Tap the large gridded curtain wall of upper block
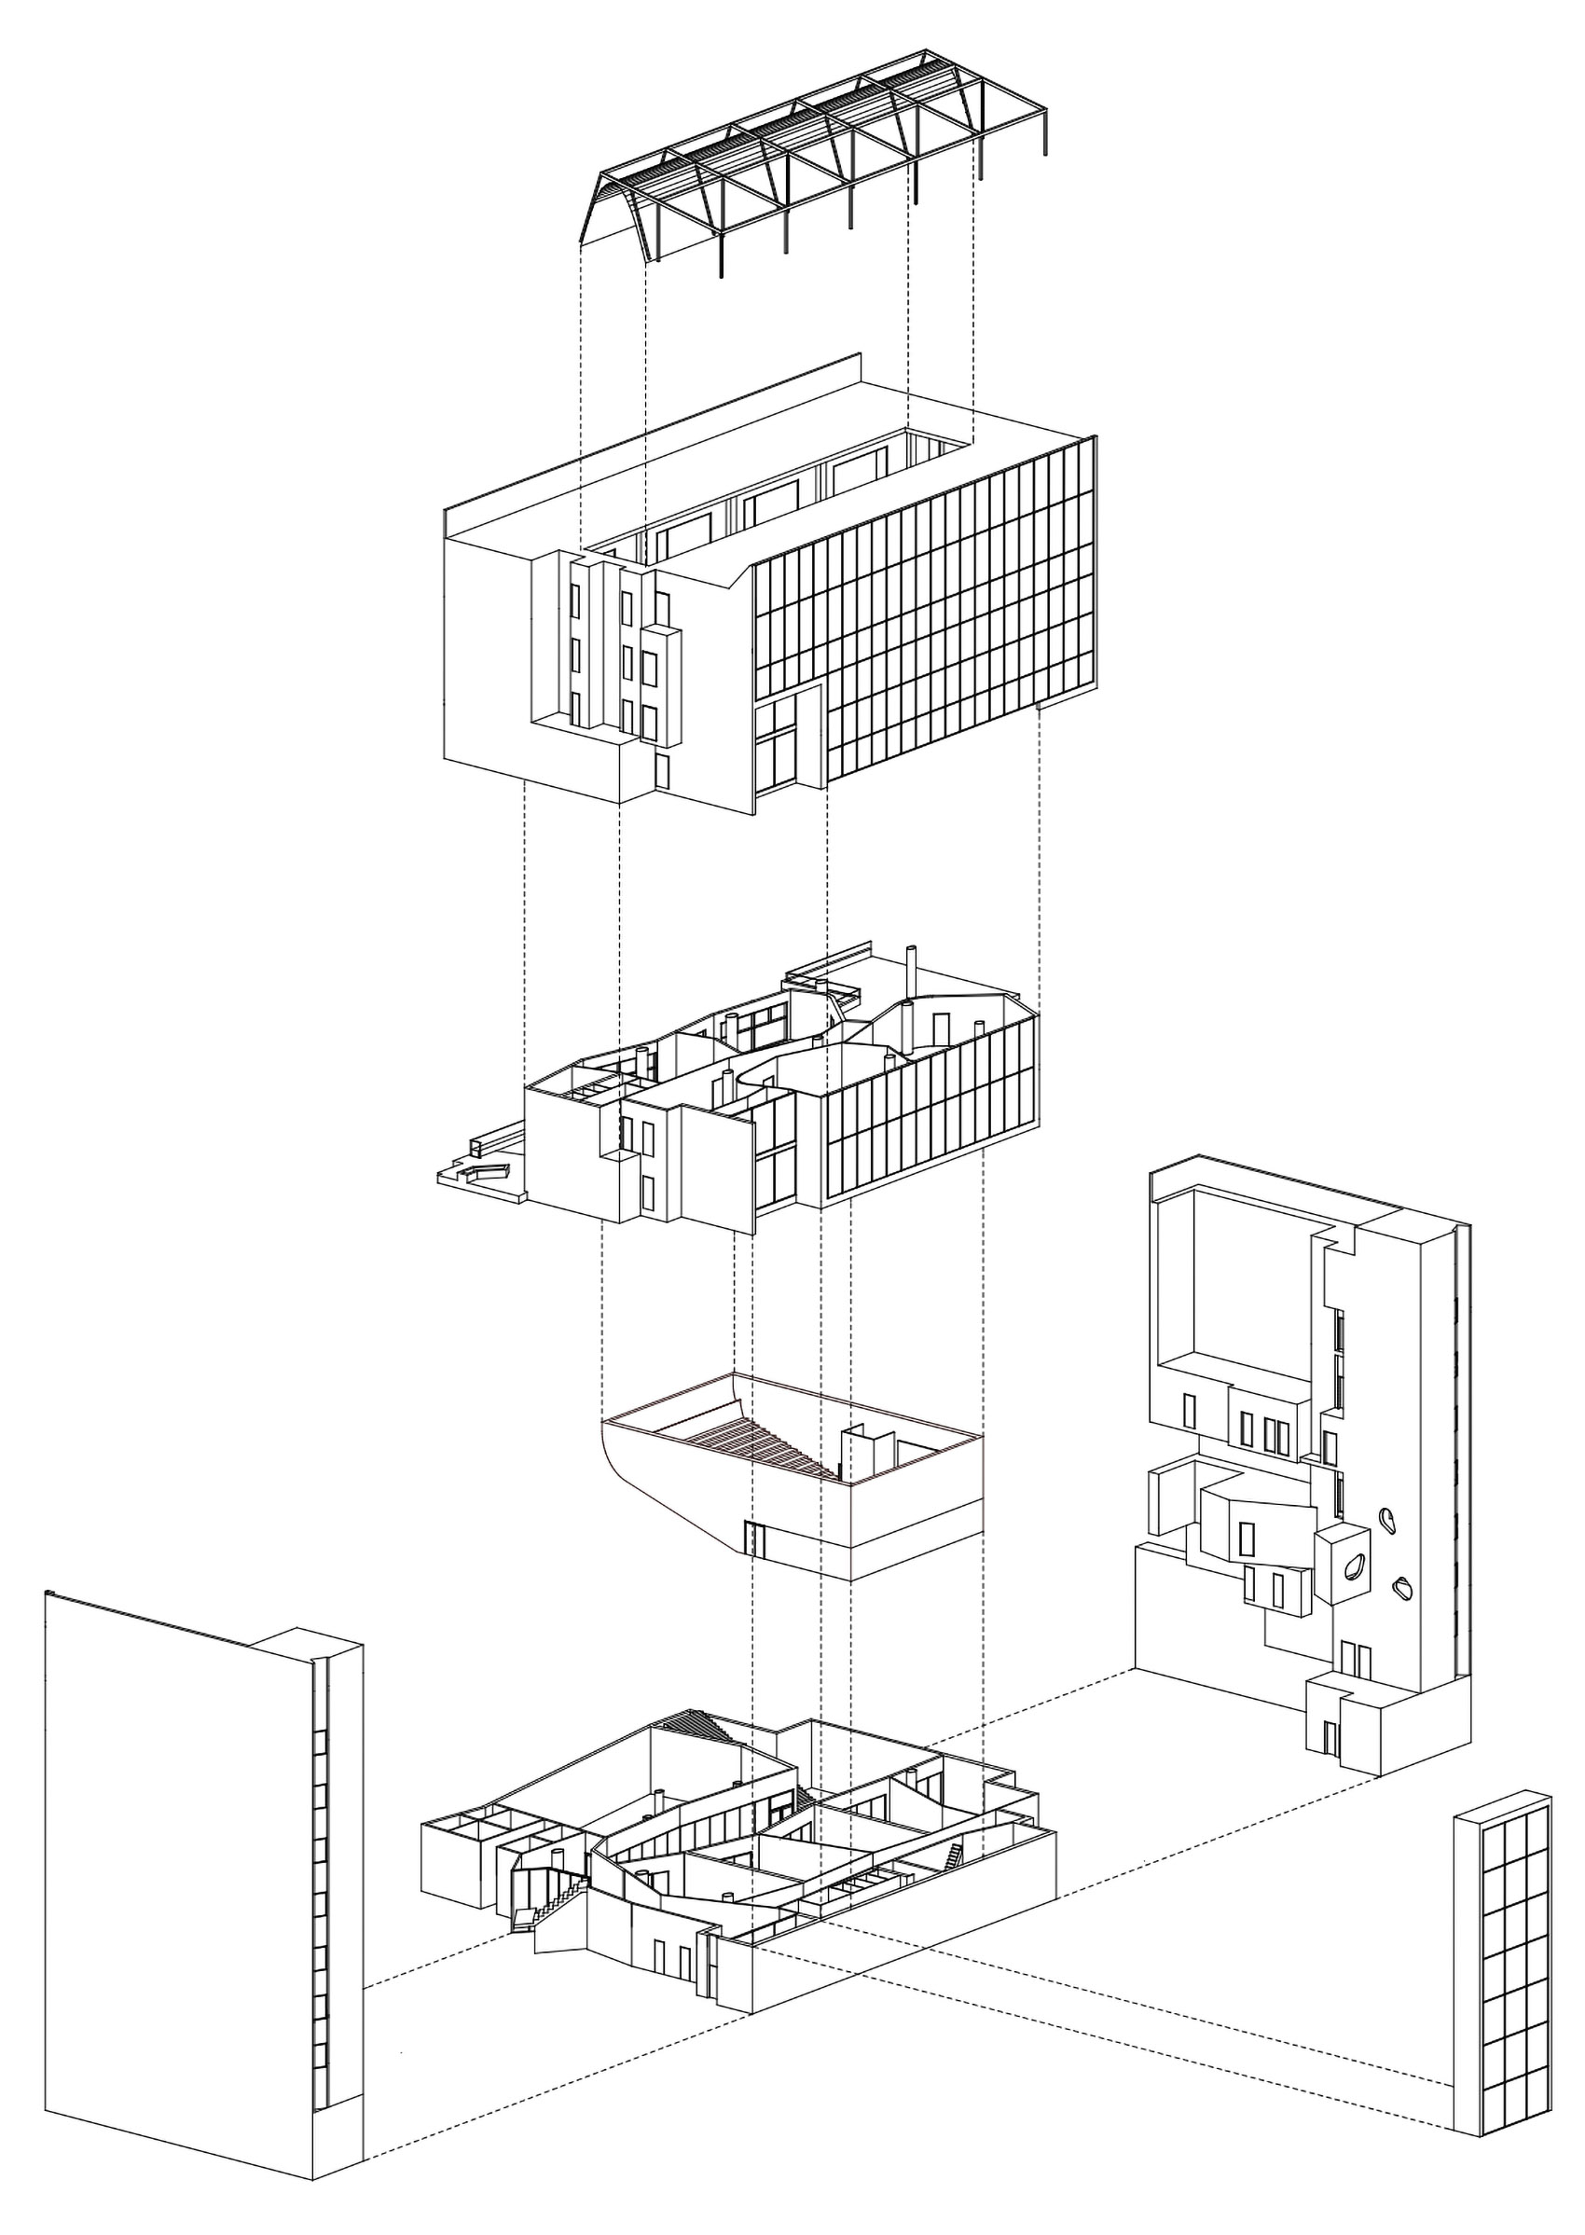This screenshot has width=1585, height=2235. [x=927, y=614]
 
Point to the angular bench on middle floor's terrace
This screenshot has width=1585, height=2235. [x=478, y=1170]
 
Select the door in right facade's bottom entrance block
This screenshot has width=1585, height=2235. [x=1330, y=1738]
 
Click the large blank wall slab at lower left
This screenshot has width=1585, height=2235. [x=175, y=1855]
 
